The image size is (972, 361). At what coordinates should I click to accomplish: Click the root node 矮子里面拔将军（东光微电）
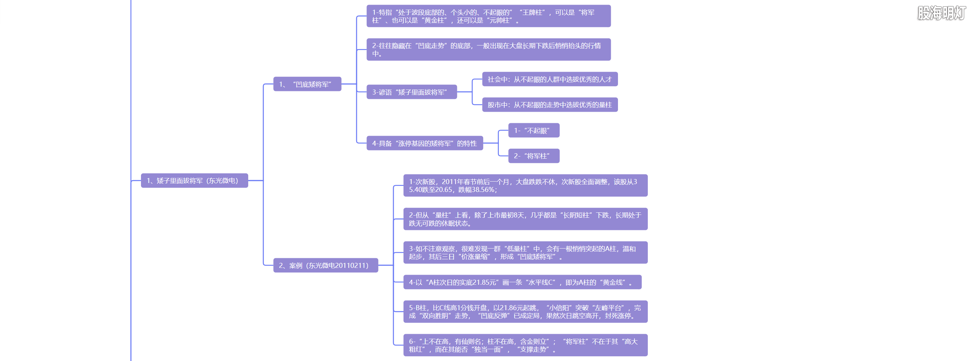(x=194, y=180)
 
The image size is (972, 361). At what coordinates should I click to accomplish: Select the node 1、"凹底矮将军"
(x=307, y=84)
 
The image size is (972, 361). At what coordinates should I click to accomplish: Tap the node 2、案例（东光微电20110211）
(x=325, y=265)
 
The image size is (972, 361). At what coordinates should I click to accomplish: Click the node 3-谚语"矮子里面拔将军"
(x=411, y=92)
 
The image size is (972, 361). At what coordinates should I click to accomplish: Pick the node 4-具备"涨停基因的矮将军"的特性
(x=425, y=143)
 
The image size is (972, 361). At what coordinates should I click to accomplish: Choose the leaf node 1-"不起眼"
(x=534, y=130)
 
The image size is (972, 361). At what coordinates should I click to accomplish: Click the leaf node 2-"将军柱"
(x=534, y=156)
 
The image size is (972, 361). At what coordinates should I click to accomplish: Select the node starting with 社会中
(x=549, y=79)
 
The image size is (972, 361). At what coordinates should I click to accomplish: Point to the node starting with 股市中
(x=549, y=105)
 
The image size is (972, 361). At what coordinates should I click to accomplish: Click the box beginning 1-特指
(x=488, y=16)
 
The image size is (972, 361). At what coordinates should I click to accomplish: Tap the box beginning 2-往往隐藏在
(x=488, y=49)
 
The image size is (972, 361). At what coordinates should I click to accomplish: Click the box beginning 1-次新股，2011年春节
(x=525, y=186)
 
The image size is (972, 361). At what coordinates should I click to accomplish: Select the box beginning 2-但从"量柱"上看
(x=525, y=219)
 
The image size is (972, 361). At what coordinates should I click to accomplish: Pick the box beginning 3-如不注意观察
(x=525, y=252)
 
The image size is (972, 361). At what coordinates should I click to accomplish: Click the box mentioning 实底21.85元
(x=522, y=282)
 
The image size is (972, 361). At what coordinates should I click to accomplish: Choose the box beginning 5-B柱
(x=525, y=312)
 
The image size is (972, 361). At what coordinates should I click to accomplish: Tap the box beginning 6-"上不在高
(x=525, y=345)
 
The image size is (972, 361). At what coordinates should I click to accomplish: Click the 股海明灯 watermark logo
(x=941, y=13)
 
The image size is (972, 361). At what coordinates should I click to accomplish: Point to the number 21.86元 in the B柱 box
(x=514, y=308)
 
